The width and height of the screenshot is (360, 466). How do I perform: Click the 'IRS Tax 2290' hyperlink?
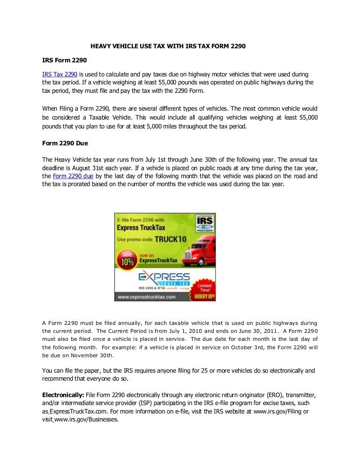[x=60, y=75]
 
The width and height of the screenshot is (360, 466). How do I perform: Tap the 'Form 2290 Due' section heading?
[x=65, y=143]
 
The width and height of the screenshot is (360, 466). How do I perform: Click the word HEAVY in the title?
[x=101, y=46]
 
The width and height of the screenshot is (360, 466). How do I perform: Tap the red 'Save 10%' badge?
[x=127, y=259]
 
